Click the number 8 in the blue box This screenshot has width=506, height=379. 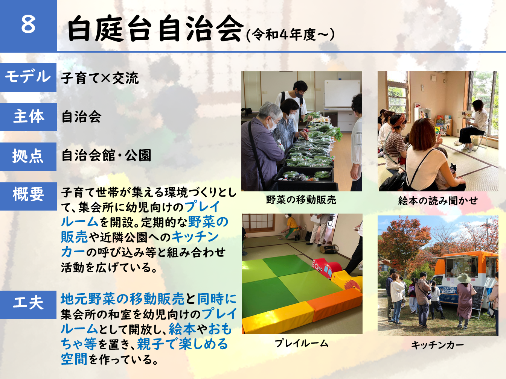click(28, 24)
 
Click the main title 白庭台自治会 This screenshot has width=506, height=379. click(155, 29)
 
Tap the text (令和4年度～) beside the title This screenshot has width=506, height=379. click(290, 35)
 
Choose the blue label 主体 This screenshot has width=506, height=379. click(28, 117)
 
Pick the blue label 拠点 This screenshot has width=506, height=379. click(28, 156)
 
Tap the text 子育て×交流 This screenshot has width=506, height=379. click(100, 78)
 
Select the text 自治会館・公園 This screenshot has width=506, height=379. click(106, 155)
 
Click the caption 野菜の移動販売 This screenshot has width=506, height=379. click(301, 200)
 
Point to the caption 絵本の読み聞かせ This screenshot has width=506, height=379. click(438, 201)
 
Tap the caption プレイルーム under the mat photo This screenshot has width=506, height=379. click(301, 343)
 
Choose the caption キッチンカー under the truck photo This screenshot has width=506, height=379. click(437, 345)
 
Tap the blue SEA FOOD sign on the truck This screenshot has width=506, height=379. click(450, 290)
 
